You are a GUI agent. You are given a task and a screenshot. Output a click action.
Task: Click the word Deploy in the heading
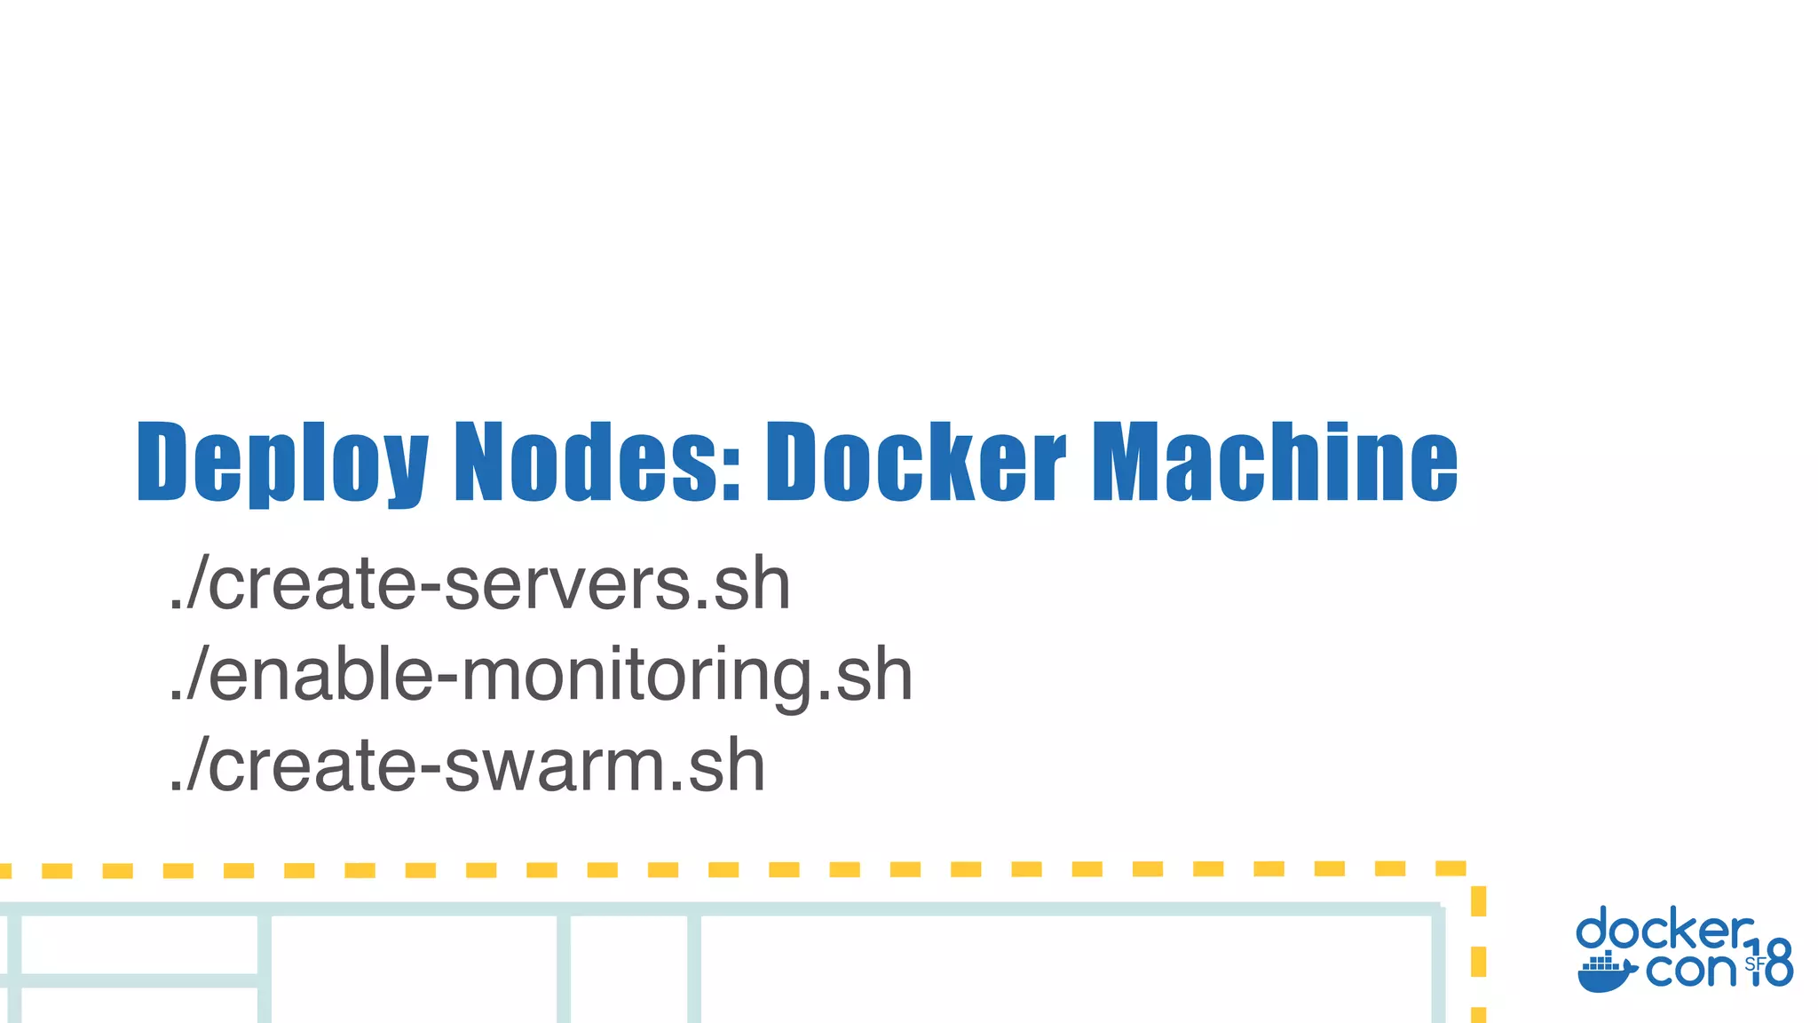282,462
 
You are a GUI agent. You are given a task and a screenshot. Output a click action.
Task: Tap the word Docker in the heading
915,462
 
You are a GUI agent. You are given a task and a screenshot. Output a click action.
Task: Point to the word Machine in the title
1275,462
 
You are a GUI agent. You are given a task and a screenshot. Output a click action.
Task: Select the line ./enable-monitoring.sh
541,675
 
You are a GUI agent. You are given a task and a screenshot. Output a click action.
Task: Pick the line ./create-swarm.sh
467,765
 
